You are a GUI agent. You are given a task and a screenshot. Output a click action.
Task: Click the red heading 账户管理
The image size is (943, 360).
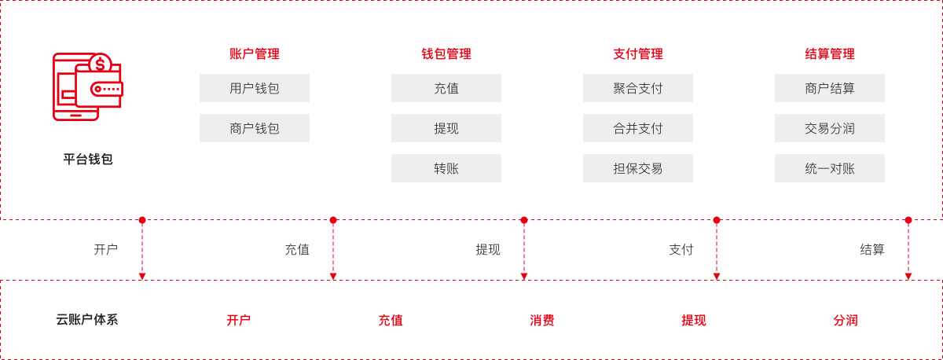pos(255,54)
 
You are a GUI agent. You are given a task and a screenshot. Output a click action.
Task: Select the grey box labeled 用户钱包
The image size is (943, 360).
pos(255,88)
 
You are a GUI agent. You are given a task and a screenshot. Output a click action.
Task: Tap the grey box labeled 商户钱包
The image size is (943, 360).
pos(255,128)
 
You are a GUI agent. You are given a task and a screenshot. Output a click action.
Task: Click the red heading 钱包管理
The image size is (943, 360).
pos(446,54)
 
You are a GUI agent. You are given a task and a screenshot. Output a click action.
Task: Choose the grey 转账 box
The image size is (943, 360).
pos(446,168)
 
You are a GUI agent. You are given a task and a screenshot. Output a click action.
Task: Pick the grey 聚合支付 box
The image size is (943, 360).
pos(638,88)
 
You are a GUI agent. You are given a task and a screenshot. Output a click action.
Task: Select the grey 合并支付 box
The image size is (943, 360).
pos(638,128)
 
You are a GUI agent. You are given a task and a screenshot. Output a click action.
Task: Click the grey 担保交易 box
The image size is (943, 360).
pos(638,168)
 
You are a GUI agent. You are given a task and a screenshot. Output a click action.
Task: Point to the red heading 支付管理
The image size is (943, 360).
pos(638,54)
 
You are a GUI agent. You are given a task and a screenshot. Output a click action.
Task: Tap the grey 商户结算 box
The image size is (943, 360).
pos(830,88)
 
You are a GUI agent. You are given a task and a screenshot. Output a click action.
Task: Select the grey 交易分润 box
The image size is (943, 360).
pos(830,128)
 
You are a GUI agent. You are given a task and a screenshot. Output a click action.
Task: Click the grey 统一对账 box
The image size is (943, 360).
pos(830,168)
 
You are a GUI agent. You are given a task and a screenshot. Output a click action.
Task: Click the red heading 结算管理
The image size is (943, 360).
pos(830,54)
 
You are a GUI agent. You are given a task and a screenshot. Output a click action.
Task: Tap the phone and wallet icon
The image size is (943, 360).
pos(87,86)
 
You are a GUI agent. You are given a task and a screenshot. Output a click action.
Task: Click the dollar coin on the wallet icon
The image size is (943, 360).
pos(101,64)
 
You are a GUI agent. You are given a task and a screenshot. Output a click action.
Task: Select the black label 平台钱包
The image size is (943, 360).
pos(87,159)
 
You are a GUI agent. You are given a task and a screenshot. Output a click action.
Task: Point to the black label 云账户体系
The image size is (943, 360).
pos(87,320)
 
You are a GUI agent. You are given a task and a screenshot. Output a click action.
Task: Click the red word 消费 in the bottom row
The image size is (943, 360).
pos(541,321)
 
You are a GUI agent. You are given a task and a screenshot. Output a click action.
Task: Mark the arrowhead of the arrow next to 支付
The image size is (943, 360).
pos(717,276)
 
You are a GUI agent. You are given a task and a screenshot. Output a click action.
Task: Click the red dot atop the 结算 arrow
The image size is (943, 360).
pos(908,220)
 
